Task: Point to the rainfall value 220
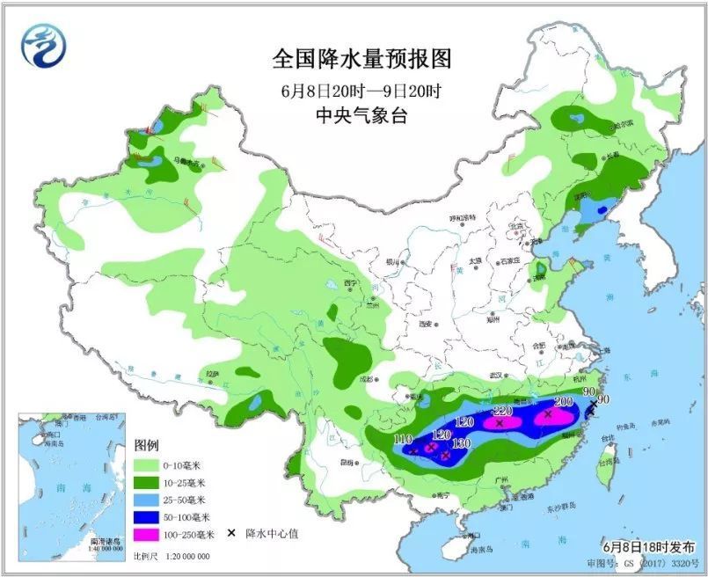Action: [502, 411]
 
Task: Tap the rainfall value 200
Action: [563, 401]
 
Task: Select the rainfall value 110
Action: [403, 439]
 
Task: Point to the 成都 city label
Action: [354, 380]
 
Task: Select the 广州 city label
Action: [502, 479]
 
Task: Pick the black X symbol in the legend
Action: [230, 534]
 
